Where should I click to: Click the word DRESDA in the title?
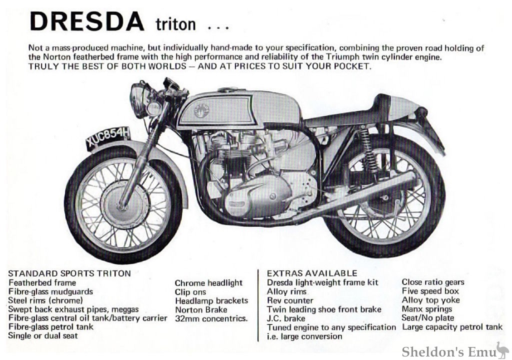[85, 21]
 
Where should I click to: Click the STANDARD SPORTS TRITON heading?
[69, 273]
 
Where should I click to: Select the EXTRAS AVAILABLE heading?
[312, 273]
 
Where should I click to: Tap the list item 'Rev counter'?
[290, 300]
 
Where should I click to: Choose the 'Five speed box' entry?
[430, 291]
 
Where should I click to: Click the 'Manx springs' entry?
[426, 309]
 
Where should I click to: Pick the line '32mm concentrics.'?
[211, 318]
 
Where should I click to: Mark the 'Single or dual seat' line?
[43, 336]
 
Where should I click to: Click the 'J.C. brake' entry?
[286, 318]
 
